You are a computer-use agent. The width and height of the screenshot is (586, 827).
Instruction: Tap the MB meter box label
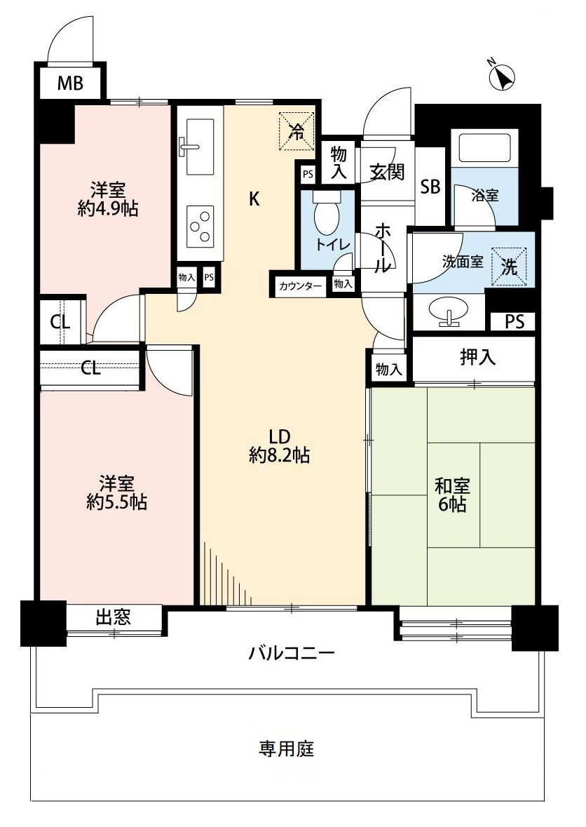(70, 83)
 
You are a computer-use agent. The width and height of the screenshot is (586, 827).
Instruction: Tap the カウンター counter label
(301, 286)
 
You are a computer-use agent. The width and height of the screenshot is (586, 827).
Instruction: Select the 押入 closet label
(478, 358)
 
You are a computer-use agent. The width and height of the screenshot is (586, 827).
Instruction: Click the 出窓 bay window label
(113, 617)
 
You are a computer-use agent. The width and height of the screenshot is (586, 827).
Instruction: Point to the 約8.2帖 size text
(279, 455)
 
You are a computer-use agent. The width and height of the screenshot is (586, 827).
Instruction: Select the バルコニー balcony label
(292, 654)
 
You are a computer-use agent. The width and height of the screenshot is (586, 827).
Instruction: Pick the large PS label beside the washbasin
(515, 321)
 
